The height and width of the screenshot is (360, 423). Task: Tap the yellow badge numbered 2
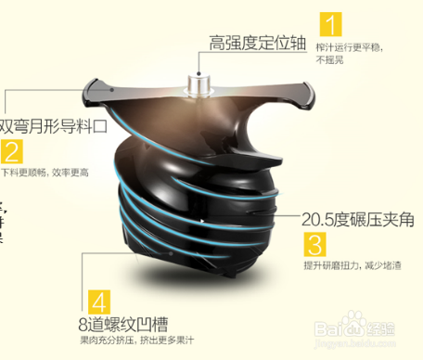coord(12,151)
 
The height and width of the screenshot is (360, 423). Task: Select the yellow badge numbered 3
coord(315,245)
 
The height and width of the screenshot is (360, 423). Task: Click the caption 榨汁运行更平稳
coord(352,45)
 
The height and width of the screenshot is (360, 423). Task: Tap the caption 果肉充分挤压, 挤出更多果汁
coord(138,344)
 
